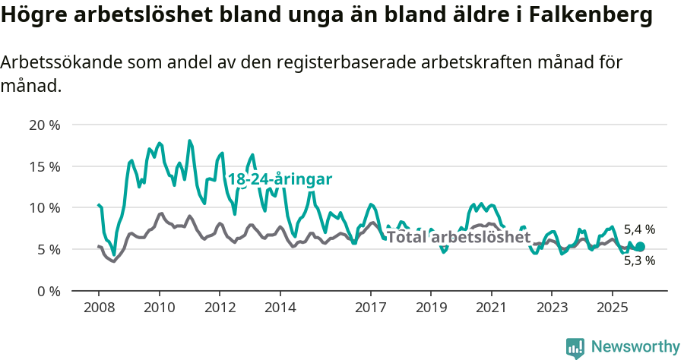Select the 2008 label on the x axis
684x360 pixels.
99,308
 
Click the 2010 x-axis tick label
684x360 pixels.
159,308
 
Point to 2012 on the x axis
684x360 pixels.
220,308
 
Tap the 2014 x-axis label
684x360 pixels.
280,308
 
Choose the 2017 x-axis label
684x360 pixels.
370,308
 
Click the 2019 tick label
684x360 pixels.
431,308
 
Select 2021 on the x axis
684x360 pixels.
491,308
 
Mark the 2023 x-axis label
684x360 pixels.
552,308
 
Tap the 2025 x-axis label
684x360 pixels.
612,308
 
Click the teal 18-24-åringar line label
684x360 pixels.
280,179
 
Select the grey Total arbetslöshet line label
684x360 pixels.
458,237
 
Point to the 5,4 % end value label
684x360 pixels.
639,229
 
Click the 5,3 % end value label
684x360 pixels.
639,261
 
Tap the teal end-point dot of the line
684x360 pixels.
640,247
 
